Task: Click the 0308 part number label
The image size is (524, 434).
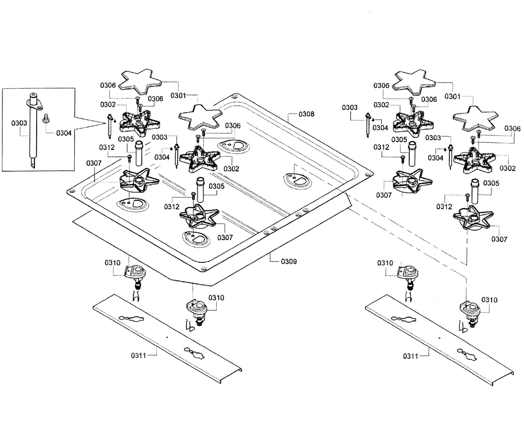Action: [306, 114]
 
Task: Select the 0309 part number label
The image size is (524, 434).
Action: [289, 262]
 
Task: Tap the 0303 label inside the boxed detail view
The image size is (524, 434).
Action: [19, 123]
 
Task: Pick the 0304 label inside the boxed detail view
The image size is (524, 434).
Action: [64, 133]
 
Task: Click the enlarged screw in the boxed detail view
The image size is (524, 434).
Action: [46, 118]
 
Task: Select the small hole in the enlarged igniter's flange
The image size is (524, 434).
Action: [39, 107]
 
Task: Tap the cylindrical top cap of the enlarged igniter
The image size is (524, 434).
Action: [33, 97]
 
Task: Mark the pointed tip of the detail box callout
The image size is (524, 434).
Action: [106, 123]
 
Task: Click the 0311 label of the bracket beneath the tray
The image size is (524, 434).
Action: [138, 356]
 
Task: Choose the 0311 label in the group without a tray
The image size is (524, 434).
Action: [410, 356]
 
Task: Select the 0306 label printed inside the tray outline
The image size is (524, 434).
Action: [233, 125]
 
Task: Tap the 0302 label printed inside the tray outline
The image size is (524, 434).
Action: [231, 169]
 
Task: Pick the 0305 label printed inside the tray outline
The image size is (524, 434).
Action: [217, 186]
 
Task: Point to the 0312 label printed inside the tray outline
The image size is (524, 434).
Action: [172, 207]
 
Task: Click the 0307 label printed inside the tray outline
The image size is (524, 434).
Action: [225, 238]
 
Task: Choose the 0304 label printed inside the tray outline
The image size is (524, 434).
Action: [162, 157]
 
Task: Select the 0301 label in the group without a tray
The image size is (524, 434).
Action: [452, 96]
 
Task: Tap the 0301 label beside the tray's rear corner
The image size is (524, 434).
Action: [178, 96]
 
